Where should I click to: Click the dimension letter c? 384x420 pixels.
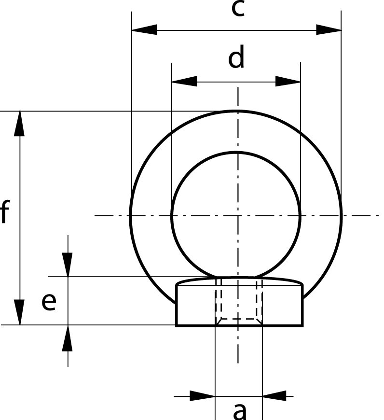[238, 9]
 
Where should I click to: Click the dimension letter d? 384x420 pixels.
[236, 56]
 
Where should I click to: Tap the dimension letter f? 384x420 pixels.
[5, 211]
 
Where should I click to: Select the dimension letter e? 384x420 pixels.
[49, 302]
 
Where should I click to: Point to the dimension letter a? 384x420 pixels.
[239, 411]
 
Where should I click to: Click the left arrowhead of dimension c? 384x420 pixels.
[144, 30]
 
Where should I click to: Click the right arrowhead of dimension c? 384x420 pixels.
[329, 30]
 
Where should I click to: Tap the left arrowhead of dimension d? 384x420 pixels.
[184, 81]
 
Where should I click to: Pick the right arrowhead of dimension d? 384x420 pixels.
[288, 81]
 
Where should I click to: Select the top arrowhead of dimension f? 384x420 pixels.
[19, 124]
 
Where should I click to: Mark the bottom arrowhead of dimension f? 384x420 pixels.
[19, 312]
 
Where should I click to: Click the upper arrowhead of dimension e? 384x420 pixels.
[68, 265]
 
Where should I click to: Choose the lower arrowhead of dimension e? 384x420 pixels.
[68, 338]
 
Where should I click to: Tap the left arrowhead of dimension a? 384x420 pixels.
[203, 396]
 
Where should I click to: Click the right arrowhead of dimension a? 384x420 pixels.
[274, 396]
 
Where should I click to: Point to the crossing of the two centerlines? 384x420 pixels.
[238, 215]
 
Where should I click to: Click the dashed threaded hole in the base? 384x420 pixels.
[239, 302]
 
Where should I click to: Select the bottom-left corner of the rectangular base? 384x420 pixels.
[177, 325]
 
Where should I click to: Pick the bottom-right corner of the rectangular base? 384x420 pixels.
[302, 325]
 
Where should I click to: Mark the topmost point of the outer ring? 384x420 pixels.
[236, 111]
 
